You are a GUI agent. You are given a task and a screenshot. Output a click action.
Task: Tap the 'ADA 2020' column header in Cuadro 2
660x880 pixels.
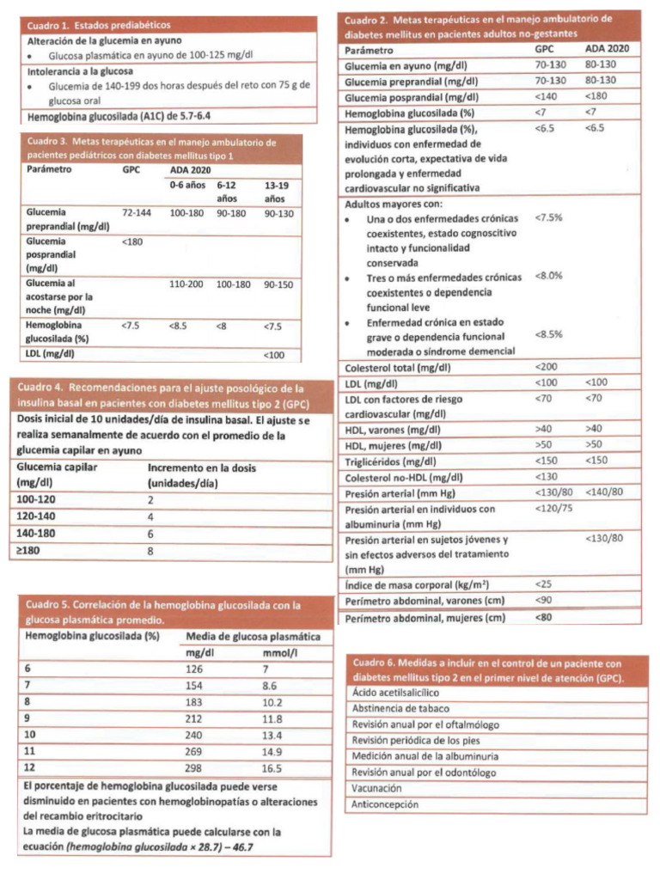pos(606,50)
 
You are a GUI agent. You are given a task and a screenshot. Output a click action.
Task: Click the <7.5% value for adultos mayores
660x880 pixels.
pos(548,217)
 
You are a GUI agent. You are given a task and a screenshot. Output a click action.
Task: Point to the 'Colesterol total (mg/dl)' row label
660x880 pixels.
pos(398,367)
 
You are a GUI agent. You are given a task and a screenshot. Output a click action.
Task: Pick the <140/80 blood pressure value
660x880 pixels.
pos(603,492)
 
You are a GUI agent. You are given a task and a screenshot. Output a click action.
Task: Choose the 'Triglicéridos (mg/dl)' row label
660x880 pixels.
pos(388,461)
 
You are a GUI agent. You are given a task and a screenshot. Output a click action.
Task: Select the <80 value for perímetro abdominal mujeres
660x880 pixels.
pos(544,617)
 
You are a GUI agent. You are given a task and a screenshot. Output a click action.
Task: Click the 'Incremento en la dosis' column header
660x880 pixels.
pos(202,468)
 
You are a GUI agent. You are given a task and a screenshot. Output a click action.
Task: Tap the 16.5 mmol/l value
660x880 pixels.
pos(272,768)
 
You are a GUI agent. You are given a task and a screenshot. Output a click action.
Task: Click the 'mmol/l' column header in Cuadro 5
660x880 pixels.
pos(278,652)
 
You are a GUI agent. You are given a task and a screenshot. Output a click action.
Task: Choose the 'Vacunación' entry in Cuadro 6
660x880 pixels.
pos(376,787)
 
